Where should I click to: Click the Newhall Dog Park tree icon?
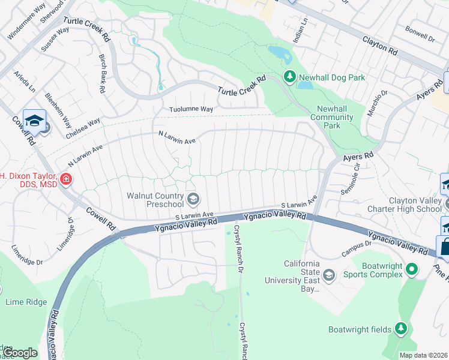(x=290, y=77)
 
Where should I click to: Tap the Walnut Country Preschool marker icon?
(x=193, y=199)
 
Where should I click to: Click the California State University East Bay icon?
(x=328, y=275)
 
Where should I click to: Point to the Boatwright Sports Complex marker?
(x=411, y=269)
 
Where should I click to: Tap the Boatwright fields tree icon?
(x=401, y=329)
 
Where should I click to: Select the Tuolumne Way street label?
(x=191, y=109)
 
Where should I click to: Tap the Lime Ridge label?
(x=26, y=302)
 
